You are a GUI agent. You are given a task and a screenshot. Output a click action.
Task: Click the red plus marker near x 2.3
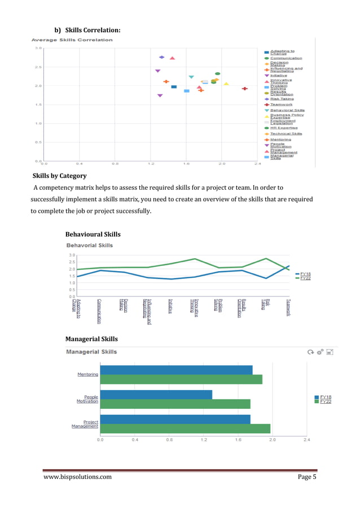245,89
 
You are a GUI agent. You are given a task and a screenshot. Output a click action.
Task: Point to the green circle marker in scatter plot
217,73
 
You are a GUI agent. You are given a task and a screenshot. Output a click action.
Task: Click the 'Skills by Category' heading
59,176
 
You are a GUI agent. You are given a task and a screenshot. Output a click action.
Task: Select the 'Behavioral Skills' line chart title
90,245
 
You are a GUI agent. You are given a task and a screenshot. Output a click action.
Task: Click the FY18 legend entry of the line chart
305,274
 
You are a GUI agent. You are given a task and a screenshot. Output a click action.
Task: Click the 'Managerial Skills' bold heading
91,339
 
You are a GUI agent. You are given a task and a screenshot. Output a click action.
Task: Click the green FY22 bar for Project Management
185,429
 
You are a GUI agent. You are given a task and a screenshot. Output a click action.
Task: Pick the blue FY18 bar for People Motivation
156,394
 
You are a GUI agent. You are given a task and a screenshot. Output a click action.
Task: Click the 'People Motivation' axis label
87,399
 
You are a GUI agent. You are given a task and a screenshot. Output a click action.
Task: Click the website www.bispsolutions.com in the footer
77,477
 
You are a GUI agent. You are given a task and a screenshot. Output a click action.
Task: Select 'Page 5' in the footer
307,477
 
